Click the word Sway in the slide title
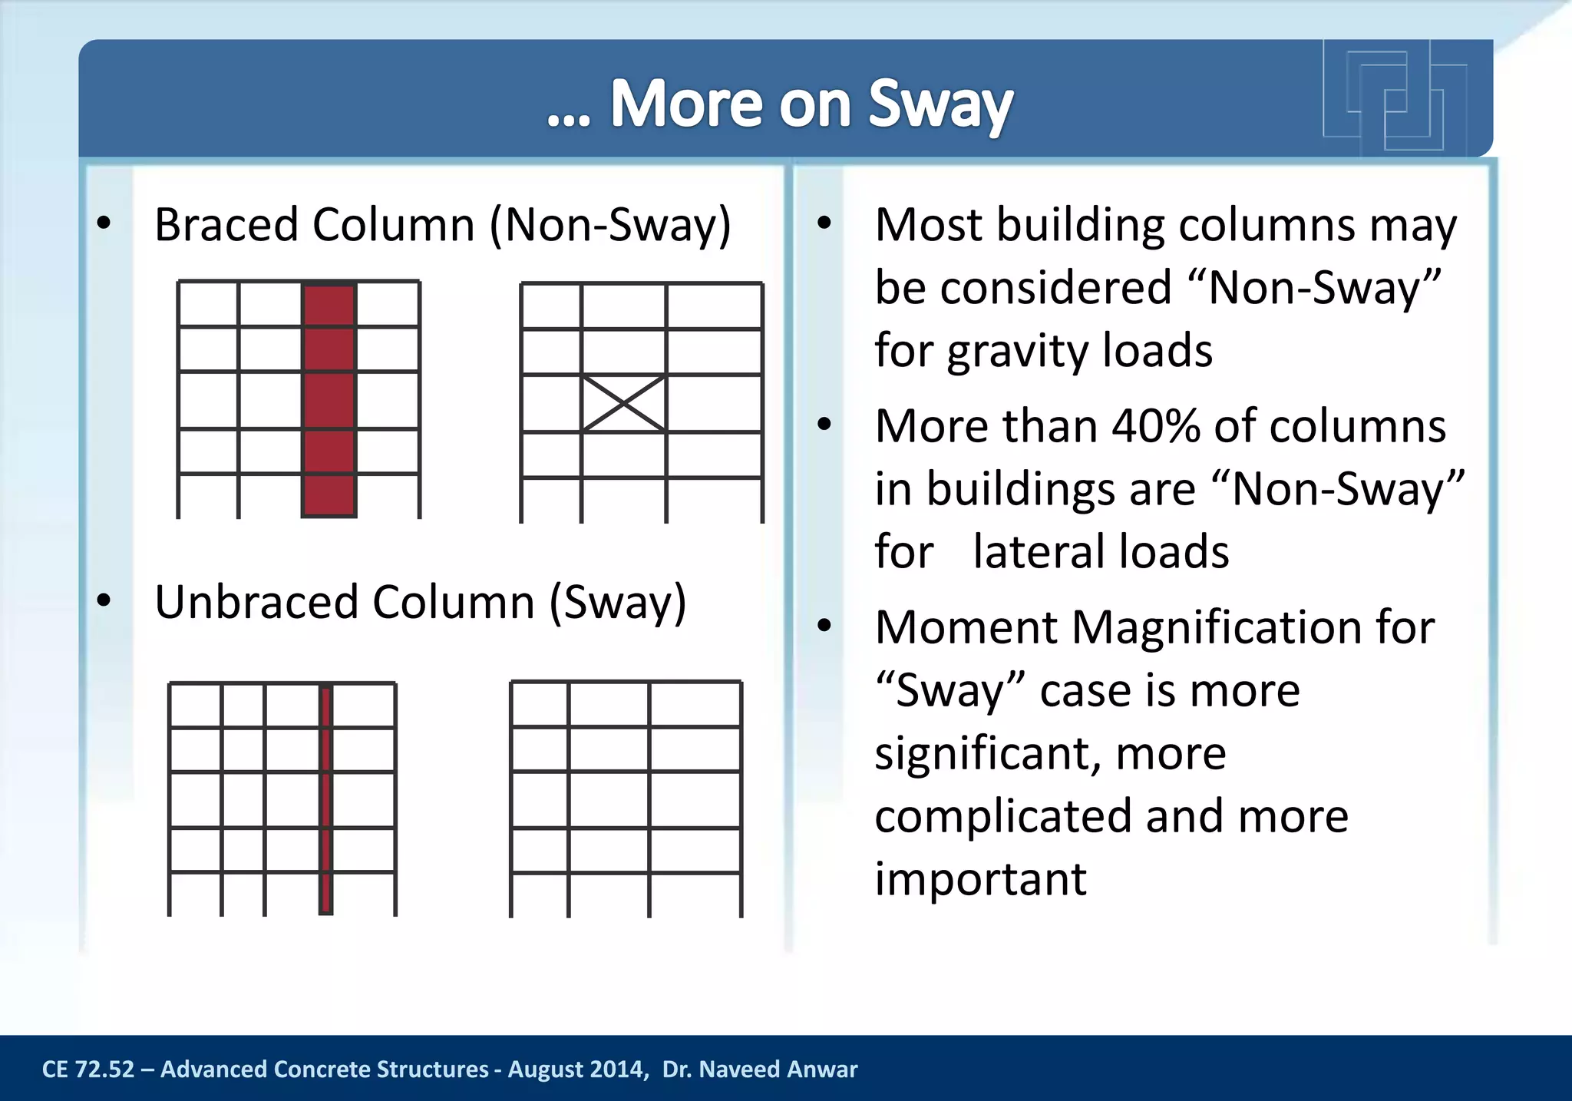pos(940,105)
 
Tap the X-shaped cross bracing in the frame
pos(623,403)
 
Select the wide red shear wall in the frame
pos(329,399)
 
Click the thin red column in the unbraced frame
pos(325,798)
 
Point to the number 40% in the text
pos(1155,426)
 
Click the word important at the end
pos(980,879)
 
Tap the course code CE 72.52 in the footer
pos(88,1070)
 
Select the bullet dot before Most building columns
pos(824,224)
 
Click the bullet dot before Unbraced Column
pos(104,600)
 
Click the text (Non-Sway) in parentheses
pos(610,225)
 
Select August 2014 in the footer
pos(576,1070)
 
